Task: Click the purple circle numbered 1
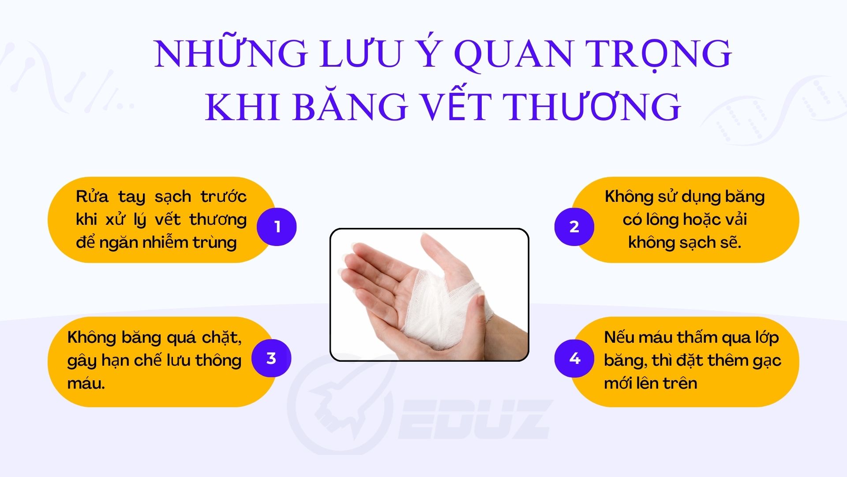pyautogui.click(x=277, y=227)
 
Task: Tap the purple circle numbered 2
pyautogui.click(x=574, y=227)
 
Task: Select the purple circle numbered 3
pyautogui.click(x=271, y=358)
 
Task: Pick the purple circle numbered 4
pyautogui.click(x=574, y=358)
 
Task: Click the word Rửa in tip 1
pyautogui.click(x=92, y=197)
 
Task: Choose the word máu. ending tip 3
pyautogui.click(x=86, y=383)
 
